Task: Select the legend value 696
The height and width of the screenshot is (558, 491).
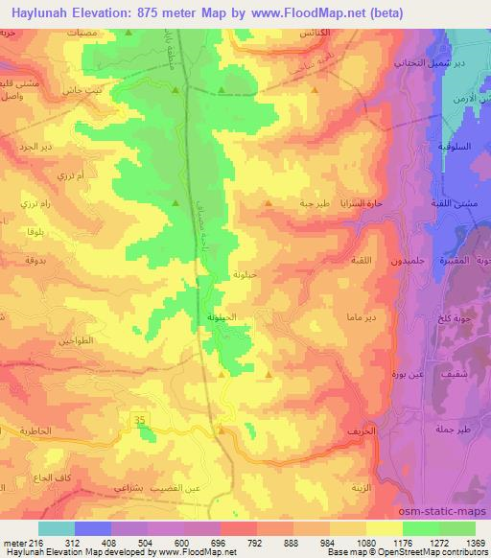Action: (x=220, y=541)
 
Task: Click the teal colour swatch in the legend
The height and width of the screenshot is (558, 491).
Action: (x=57, y=527)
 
